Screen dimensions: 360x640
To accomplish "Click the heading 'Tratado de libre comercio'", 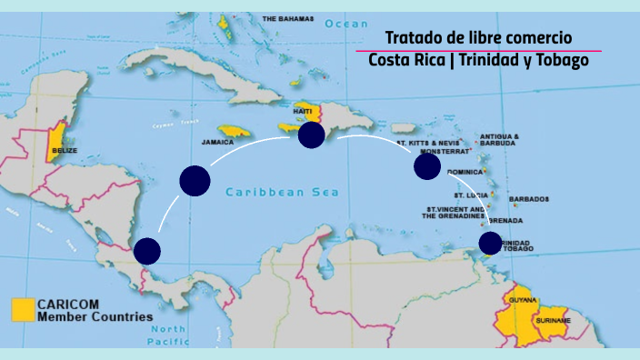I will (x=478, y=37).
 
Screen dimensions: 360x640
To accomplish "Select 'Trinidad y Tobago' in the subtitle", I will (x=535, y=61).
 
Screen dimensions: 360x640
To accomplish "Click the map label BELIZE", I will (x=65, y=149).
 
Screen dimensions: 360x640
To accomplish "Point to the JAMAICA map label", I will (x=217, y=143).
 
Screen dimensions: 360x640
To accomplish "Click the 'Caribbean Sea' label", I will (x=282, y=192).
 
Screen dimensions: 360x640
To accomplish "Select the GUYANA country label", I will (x=524, y=299).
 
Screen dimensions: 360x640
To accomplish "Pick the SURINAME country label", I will (x=553, y=320).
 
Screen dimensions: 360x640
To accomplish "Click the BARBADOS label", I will (x=529, y=198).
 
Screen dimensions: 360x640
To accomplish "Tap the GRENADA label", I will (x=505, y=221).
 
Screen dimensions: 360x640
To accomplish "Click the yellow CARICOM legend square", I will (x=22, y=309).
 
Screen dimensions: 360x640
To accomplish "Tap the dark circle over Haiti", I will (x=311, y=135).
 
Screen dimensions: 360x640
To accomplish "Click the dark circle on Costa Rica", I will (x=147, y=251).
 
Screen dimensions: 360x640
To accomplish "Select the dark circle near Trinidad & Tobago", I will (x=490, y=243).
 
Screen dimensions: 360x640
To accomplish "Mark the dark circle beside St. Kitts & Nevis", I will (x=427, y=166).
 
